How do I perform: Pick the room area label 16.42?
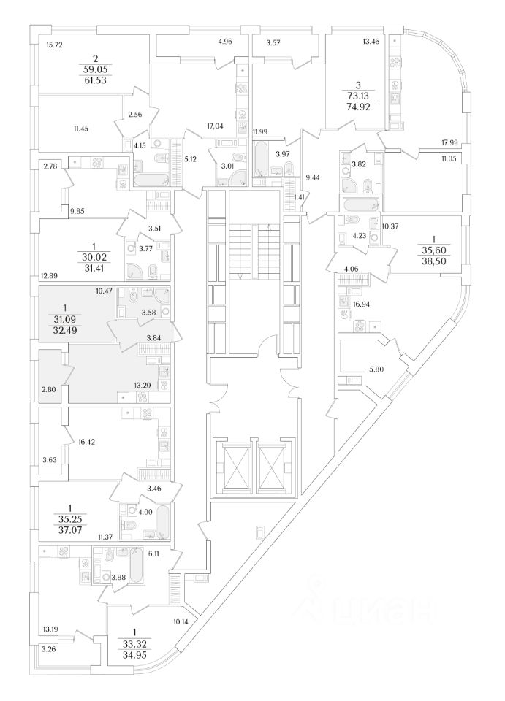point(87,442)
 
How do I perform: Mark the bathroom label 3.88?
point(118,578)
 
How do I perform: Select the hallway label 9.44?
point(313,176)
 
